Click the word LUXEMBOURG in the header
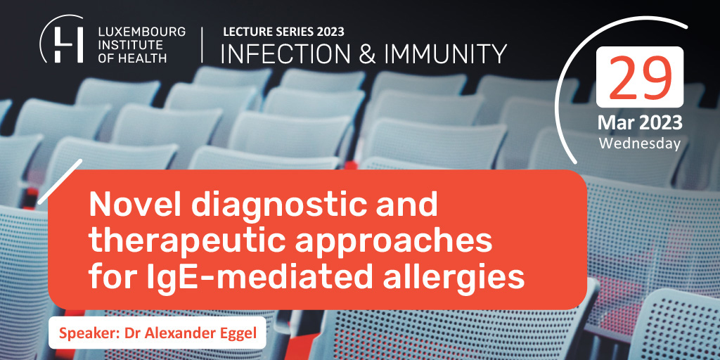[x=142, y=32]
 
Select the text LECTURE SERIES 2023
[x=283, y=32]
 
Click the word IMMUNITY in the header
[x=445, y=53]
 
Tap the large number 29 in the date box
[x=640, y=78]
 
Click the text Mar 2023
[x=640, y=123]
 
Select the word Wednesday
[x=640, y=143]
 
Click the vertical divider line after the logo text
[x=202, y=44]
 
